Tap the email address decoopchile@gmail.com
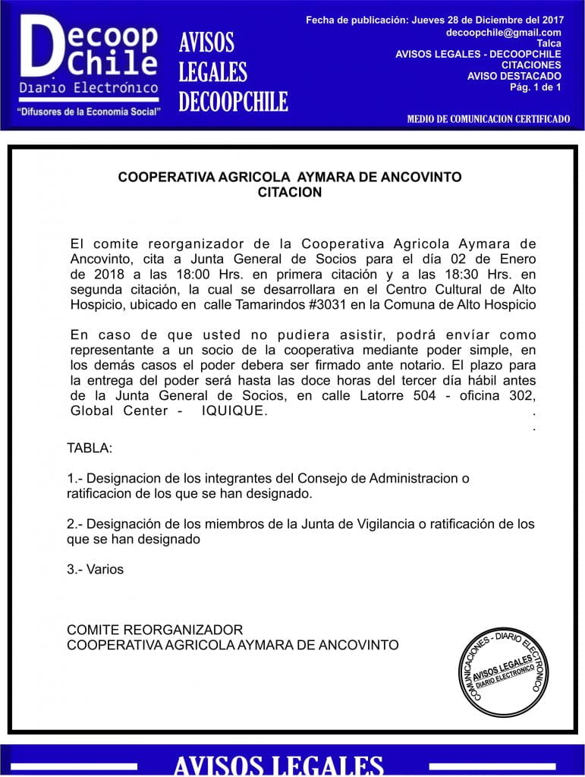pyautogui.click(x=504, y=33)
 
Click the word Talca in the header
pyautogui.click(x=549, y=44)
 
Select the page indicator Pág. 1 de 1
pyautogui.click(x=536, y=87)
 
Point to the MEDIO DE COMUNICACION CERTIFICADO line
pyautogui.click(x=488, y=119)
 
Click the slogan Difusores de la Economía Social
pyautogui.click(x=90, y=112)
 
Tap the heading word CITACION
pyautogui.click(x=290, y=193)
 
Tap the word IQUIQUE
pyautogui.click(x=234, y=411)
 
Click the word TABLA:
pyautogui.click(x=90, y=448)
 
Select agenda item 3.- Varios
pyautogui.click(x=95, y=568)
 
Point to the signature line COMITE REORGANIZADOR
pyautogui.click(x=155, y=630)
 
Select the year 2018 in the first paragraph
pyautogui.click(x=86, y=275)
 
